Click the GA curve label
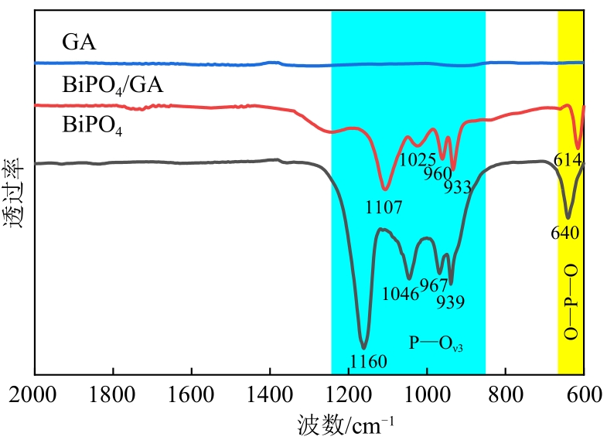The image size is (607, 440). pyautogui.click(x=81, y=42)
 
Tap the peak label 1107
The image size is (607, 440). pyautogui.click(x=385, y=206)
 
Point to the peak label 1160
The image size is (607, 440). pyautogui.click(x=368, y=361)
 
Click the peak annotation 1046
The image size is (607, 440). pyautogui.click(x=401, y=294)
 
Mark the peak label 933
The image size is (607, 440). pyautogui.click(x=457, y=186)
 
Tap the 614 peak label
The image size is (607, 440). pyautogui.click(x=569, y=160)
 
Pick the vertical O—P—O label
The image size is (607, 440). pyautogui.click(x=571, y=302)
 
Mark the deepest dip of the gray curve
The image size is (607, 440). pyautogui.click(x=363, y=347)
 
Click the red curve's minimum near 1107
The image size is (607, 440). pyautogui.click(x=385, y=189)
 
